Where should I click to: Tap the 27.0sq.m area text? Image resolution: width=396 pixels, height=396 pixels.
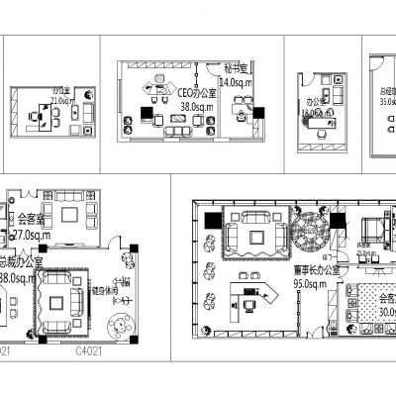point(25,238)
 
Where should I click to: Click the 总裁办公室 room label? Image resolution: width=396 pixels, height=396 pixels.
point(18,265)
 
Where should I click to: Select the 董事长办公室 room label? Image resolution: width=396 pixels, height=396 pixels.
point(316,268)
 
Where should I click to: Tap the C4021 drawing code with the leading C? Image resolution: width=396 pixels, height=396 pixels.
point(89,349)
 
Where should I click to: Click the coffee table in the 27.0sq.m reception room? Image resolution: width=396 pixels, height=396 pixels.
point(69,213)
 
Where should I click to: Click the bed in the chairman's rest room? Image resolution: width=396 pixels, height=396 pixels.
point(375,229)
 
